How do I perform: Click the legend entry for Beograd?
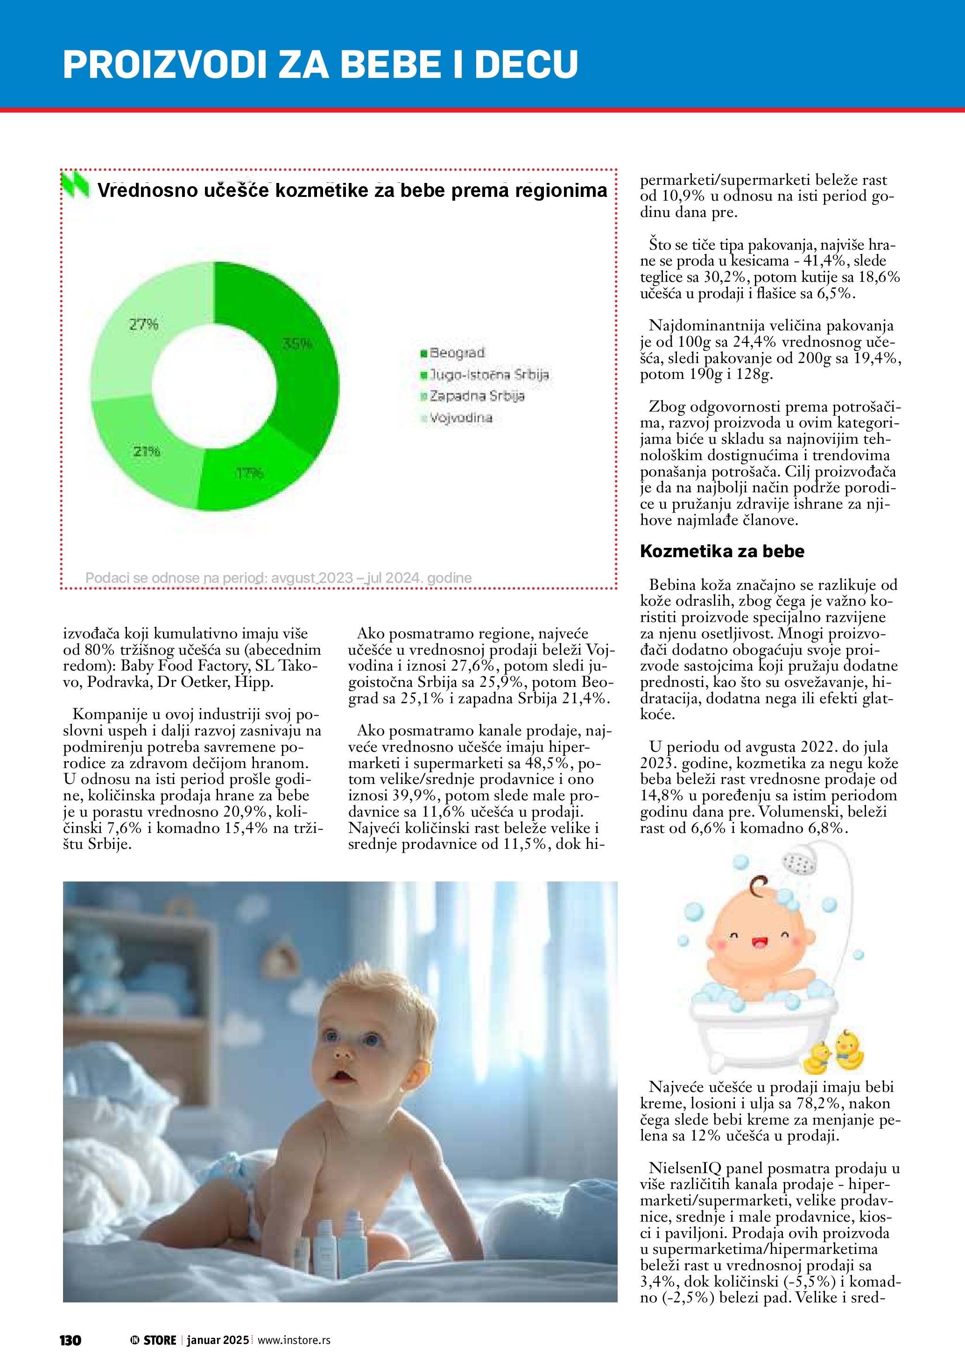click(x=452, y=353)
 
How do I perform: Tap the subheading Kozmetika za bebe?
click(x=721, y=551)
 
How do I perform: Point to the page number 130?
click(x=70, y=1340)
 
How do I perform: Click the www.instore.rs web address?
click(x=294, y=1340)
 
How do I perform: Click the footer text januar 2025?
click(x=218, y=1340)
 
